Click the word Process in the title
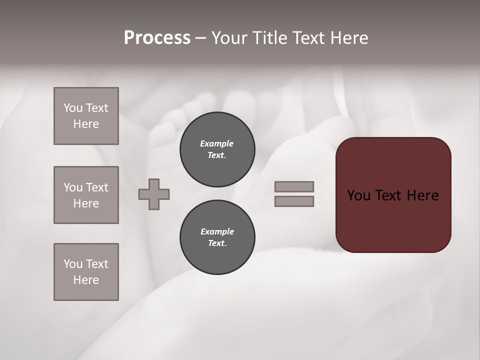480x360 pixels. pos(157,38)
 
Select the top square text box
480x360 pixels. pos(86,116)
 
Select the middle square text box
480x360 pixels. pos(86,195)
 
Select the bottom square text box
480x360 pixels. pos(86,272)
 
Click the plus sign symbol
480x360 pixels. pos(154,194)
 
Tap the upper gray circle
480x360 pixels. pos(217,149)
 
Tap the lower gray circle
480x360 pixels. pos(217,237)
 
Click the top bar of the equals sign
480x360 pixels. pos(294,186)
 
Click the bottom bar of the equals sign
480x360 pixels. pos(294,201)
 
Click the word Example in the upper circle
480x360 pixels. pos(217,143)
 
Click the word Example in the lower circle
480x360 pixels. pos(217,231)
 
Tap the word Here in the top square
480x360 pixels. pos(86,124)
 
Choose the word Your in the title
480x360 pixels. pos(229,38)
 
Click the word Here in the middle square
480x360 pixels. pos(86,203)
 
